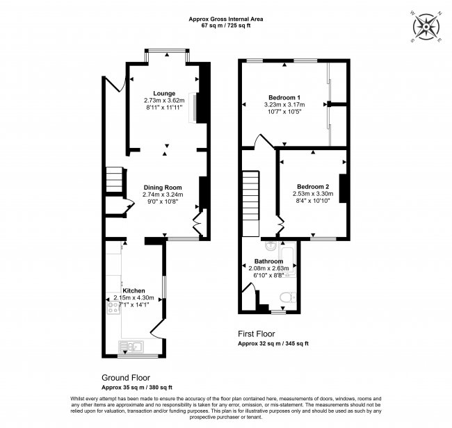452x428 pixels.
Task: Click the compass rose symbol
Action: pyautogui.click(x=426, y=27)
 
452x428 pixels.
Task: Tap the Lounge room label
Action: pyautogui.click(x=164, y=93)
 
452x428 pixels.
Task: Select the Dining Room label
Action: pyautogui.click(x=163, y=188)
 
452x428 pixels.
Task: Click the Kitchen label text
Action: pyautogui.click(x=134, y=290)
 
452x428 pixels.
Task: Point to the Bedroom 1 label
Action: pyautogui.click(x=284, y=97)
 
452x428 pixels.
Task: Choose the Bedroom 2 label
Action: pyautogui.click(x=313, y=187)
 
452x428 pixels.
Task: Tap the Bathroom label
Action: pyautogui.click(x=268, y=261)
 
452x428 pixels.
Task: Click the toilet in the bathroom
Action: pyautogui.click(x=288, y=297)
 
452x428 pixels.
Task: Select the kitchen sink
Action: pyautogui.click(x=131, y=347)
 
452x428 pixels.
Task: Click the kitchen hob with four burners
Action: pyautogui.click(x=113, y=307)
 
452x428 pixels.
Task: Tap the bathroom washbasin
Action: pyautogui.click(x=271, y=246)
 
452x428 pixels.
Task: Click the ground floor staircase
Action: pyautogui.click(x=115, y=180)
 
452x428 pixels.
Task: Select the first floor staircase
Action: pyautogui.click(x=250, y=204)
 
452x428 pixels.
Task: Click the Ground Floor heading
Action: pyautogui.click(x=126, y=377)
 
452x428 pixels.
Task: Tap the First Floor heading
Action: pyautogui.click(x=257, y=334)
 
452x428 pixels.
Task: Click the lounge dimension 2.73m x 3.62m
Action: pyautogui.click(x=164, y=101)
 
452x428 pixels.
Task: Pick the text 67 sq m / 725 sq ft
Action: pyautogui.click(x=226, y=25)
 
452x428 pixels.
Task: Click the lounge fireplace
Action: pyautogui.click(x=193, y=108)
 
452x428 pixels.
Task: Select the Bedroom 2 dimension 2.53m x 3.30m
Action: pyautogui.click(x=313, y=194)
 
